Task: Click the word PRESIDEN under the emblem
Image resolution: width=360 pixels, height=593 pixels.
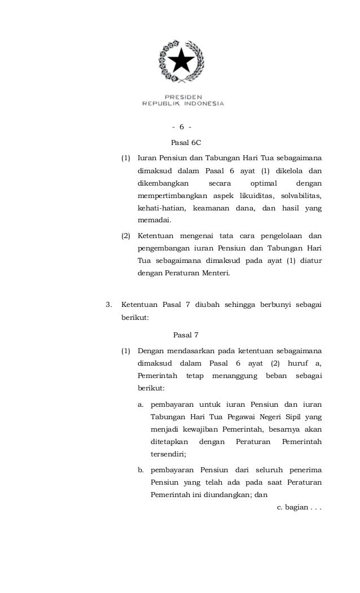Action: click(x=183, y=96)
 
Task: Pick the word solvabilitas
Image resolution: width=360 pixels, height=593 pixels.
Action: click(x=300, y=196)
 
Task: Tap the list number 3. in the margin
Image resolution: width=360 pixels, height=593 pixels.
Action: click(x=109, y=305)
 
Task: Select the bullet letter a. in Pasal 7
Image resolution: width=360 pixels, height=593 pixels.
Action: click(x=141, y=404)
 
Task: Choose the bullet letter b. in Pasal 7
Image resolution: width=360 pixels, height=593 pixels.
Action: click(x=141, y=470)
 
